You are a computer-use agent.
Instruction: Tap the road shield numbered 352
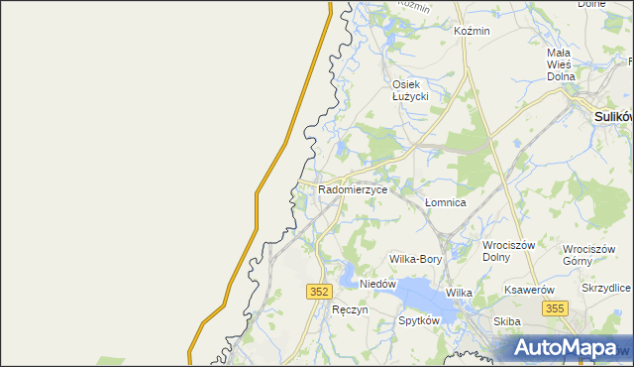pos(318,291)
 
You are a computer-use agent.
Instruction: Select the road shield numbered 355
pos(554,309)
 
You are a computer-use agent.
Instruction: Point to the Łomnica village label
pos(445,202)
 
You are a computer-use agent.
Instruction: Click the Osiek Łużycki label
pos(410,90)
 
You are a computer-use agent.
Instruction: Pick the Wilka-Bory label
pos(415,259)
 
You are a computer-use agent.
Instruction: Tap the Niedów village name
pos(377,284)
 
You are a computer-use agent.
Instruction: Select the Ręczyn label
pos(351,309)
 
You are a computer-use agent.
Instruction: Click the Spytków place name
pos(418,321)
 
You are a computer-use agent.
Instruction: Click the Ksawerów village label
pos(527,290)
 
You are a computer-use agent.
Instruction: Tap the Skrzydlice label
pos(606,288)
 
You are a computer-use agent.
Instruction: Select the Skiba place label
pos(507,321)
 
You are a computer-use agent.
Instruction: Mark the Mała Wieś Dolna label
pos(559,63)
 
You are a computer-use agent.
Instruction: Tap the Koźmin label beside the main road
pos(472,31)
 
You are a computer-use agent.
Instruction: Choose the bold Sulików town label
pos(613,116)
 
